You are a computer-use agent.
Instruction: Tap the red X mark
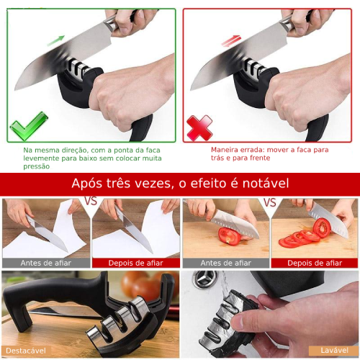click(199, 128)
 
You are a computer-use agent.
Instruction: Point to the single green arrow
click(55, 40)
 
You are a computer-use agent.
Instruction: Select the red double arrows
click(231, 41)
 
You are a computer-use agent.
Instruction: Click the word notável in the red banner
click(266, 184)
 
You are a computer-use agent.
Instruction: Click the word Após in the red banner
click(86, 184)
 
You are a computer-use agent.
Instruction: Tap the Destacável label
click(26, 351)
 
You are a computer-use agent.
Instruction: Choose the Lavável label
click(334, 351)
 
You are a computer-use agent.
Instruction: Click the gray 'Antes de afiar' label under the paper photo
click(46, 263)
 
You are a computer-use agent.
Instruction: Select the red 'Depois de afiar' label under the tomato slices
click(315, 263)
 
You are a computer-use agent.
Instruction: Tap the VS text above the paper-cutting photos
click(91, 201)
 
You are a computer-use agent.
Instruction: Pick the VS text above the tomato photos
click(270, 202)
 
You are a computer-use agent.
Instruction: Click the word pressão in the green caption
click(37, 166)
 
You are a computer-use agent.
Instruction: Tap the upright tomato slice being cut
click(322, 228)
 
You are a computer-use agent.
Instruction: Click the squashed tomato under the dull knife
click(230, 236)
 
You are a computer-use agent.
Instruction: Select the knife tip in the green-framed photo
click(15, 89)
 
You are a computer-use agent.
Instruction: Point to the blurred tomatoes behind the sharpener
click(145, 287)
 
